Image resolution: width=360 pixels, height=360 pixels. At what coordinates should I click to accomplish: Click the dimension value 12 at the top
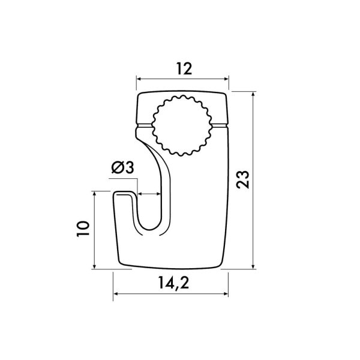(x=184, y=68)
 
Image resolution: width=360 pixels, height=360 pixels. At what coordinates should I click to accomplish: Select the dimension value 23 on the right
(x=242, y=179)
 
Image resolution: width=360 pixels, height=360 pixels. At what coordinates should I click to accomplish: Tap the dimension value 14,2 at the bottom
(x=173, y=283)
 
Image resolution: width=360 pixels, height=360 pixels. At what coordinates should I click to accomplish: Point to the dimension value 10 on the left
(x=83, y=229)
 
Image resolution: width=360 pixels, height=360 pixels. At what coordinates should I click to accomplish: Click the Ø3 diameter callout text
(x=122, y=167)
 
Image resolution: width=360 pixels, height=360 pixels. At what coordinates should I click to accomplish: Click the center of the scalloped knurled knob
(x=182, y=125)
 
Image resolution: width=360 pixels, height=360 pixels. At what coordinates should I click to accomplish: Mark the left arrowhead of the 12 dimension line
(x=139, y=79)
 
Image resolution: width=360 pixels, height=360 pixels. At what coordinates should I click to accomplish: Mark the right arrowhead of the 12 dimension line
(x=226, y=79)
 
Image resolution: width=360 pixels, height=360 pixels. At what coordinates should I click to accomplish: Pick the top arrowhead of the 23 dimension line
(x=253, y=94)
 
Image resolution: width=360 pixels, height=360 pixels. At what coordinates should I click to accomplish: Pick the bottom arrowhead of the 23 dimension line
(x=253, y=266)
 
